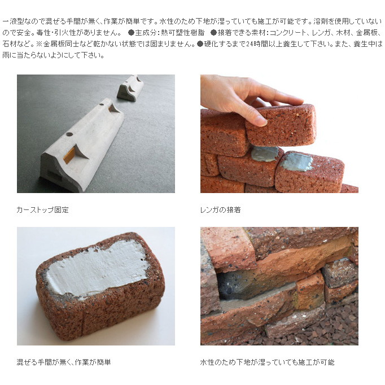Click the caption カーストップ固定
pyautogui.click(x=43, y=210)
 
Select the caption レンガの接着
pyautogui.click(x=221, y=210)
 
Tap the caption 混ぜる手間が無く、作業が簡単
pyautogui.click(x=64, y=362)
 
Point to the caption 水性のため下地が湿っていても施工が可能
pyautogui.click(x=268, y=362)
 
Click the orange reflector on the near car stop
pyautogui.click(x=69, y=155)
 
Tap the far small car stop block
pyautogui.click(x=130, y=88)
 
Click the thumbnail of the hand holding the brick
pyautogui.click(x=279, y=134)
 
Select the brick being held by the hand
pyautogui.click(x=281, y=125)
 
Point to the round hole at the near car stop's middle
pyautogui.click(x=69, y=134)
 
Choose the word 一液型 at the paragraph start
pyautogui.click(x=13, y=21)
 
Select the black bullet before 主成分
pyautogui.click(x=131, y=33)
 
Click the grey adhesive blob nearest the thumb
pyautogui.click(x=264, y=154)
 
